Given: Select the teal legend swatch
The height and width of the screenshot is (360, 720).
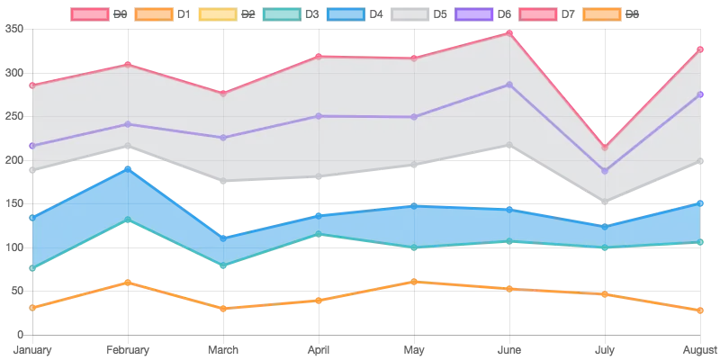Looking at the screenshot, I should tap(282, 14).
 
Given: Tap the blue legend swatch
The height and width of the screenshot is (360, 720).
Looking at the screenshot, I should tap(346, 14).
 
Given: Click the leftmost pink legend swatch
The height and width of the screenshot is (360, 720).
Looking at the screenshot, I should tap(87, 14).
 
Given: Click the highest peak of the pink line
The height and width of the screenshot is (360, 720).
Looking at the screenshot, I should tap(510, 32).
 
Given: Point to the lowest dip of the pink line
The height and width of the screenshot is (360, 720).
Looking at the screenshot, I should tap(606, 147).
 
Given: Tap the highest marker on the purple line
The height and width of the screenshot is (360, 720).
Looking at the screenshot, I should tap(510, 85).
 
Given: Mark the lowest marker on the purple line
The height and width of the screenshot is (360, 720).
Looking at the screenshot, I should tap(606, 171).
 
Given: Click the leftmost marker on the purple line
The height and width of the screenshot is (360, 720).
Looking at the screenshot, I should tap(31, 146).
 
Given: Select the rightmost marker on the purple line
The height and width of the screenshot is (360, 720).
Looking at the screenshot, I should tap(701, 94).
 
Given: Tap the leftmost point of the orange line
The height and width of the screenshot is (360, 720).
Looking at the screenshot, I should tap(31, 307).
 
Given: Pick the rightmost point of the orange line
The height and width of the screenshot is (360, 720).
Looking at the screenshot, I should tap(701, 310).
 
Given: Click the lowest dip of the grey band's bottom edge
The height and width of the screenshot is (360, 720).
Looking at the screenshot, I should tap(606, 204).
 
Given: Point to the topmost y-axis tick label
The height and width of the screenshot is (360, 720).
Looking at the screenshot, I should tap(16, 31).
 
